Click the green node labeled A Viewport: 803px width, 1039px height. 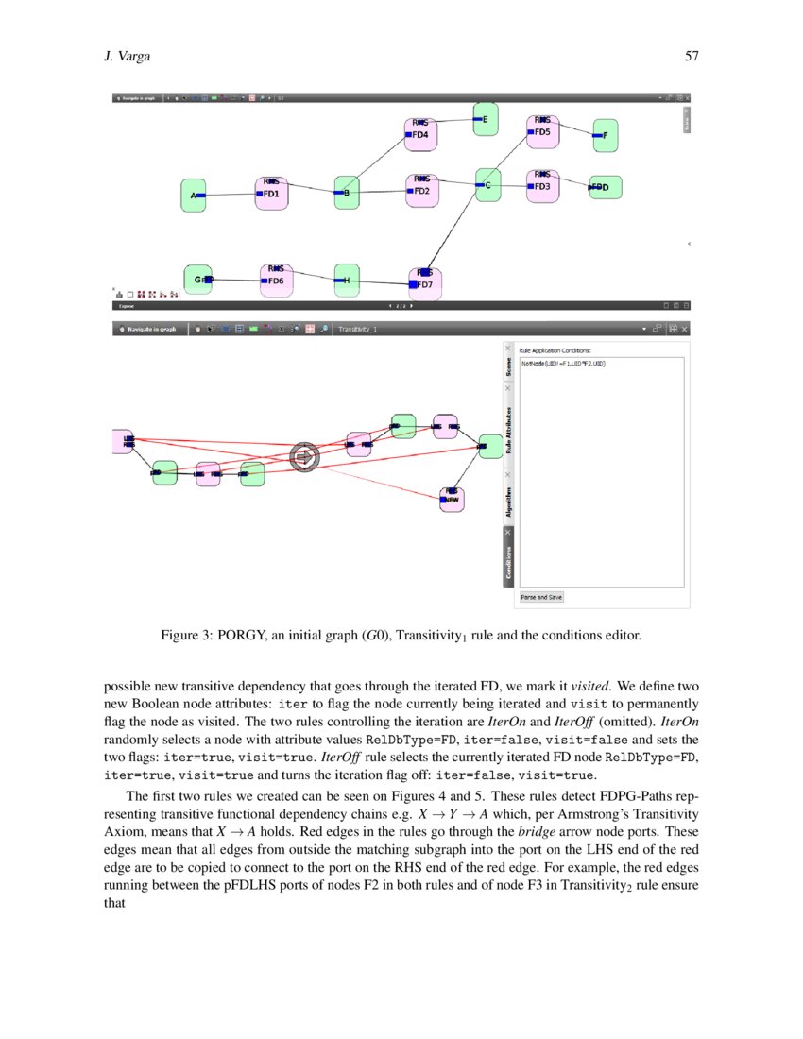pos(194,196)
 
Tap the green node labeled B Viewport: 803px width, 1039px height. pos(347,193)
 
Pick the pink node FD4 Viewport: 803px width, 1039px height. pos(420,134)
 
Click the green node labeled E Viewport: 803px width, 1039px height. pos(485,119)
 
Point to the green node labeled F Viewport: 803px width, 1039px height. pos(605,135)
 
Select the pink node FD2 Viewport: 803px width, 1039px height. pos(421,190)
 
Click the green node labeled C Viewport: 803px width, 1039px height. pos(487,186)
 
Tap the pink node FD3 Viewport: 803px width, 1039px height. pos(542,185)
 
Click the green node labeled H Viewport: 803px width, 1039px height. pos(347,280)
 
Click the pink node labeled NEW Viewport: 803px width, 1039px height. pos(452,498)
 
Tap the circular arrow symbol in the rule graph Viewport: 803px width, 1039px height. pos(304,457)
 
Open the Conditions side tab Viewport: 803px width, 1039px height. pos(507,562)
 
